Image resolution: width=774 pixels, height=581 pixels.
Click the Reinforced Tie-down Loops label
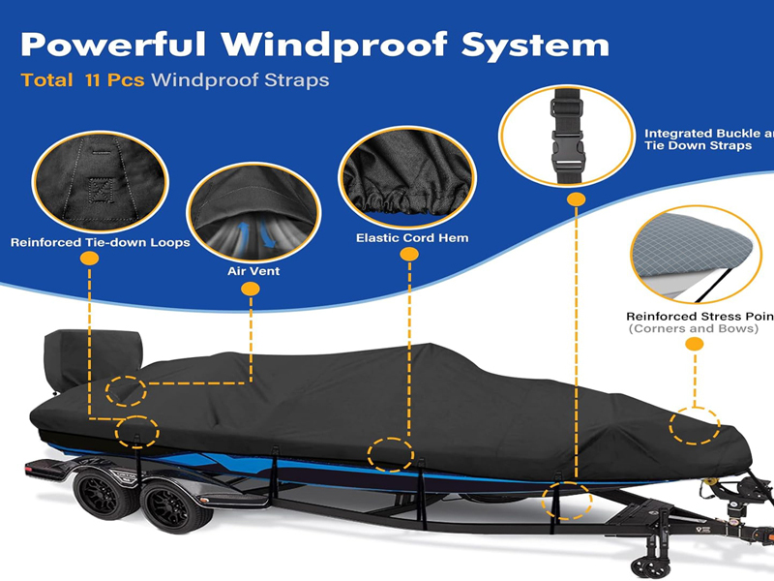(101, 242)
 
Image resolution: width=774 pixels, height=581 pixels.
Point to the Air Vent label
(253, 271)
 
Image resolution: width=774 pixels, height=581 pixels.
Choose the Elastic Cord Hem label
(412, 237)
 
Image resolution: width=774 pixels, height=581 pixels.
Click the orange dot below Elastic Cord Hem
(409, 255)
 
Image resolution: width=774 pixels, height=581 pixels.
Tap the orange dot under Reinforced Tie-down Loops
(90, 260)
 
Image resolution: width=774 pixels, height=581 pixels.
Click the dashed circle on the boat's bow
(695, 424)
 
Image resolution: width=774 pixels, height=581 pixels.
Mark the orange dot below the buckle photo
(576, 199)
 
